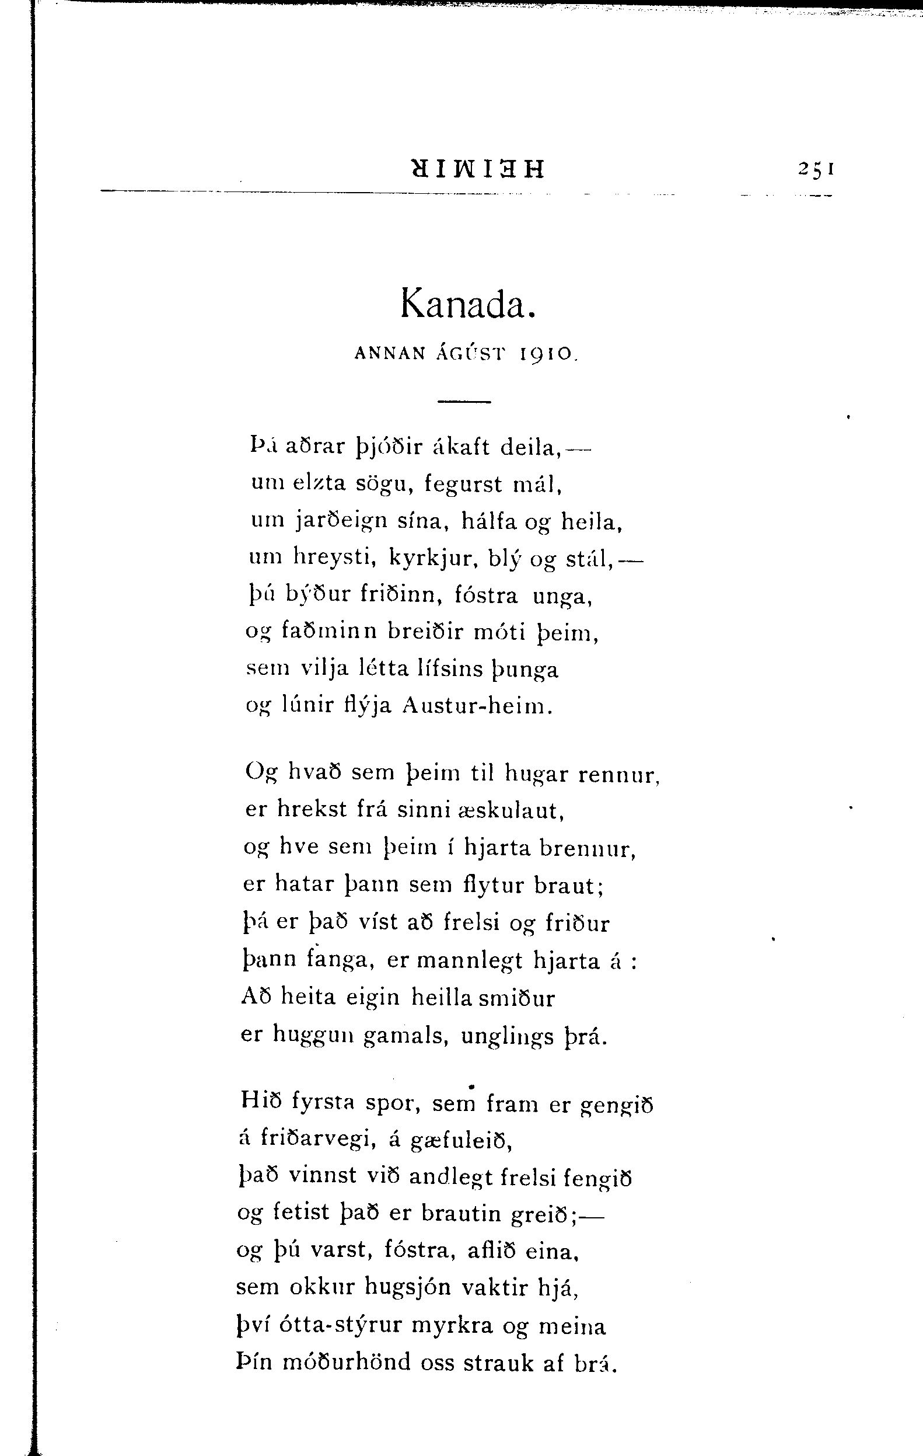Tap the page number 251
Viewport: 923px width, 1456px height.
816,169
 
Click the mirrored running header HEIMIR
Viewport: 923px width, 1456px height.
477,169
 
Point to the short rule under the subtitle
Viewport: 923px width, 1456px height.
464,402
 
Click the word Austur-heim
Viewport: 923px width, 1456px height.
477,706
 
